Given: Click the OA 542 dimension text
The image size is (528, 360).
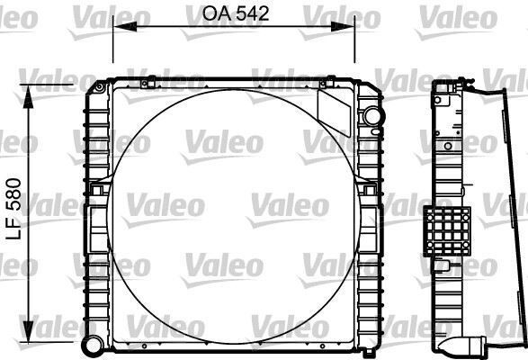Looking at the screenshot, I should (x=233, y=13).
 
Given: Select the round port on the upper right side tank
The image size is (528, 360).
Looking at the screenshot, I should (x=371, y=116).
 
